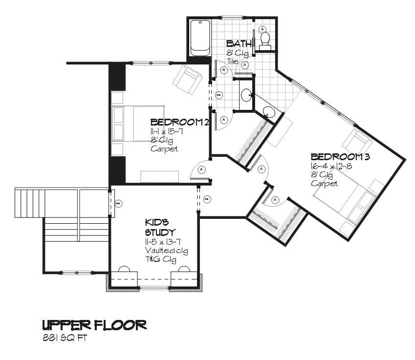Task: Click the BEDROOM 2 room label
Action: pyautogui.click(x=180, y=122)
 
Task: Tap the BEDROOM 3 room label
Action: pyautogui.click(x=340, y=157)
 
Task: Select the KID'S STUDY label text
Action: pyautogui.click(x=160, y=227)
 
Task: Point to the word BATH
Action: pyautogui.click(x=239, y=43)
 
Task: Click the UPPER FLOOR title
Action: pyautogui.click(x=94, y=325)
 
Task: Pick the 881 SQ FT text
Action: pyautogui.click(x=65, y=338)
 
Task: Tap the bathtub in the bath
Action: pyautogui.click(x=200, y=38)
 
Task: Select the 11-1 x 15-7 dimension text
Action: pyautogui.click(x=167, y=131)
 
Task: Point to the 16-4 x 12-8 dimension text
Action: pyautogui.click(x=331, y=166)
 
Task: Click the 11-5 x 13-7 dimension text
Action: pyautogui.click(x=163, y=241)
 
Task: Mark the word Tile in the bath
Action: pyautogui.click(x=232, y=62)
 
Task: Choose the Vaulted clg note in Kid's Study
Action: pyautogui.click(x=167, y=251)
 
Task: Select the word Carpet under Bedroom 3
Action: pyautogui.click(x=324, y=183)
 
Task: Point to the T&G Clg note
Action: pyautogui.click(x=161, y=259)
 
